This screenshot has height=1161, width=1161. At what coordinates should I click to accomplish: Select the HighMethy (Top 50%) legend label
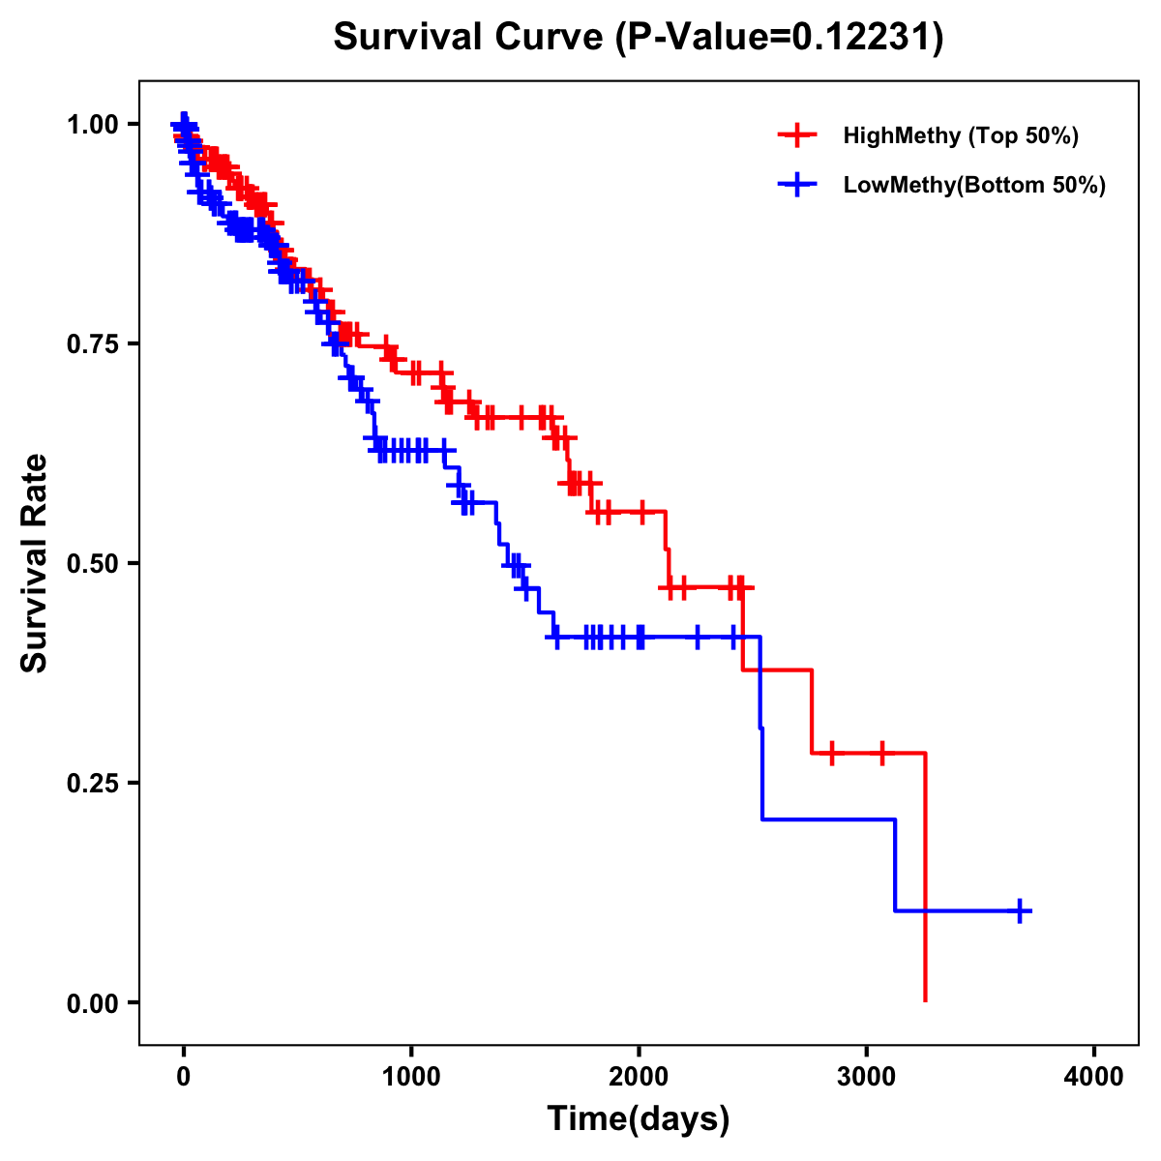(960, 135)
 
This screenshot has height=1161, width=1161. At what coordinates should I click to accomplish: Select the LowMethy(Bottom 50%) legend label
(974, 185)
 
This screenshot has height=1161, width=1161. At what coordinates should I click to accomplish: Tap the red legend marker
(797, 135)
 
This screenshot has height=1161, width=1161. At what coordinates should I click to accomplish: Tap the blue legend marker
(797, 185)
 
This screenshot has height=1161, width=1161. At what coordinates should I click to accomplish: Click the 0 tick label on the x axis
(184, 1076)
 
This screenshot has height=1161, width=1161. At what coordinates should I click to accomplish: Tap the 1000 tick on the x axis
(411, 1076)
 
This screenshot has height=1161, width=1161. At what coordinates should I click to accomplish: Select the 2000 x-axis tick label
(639, 1076)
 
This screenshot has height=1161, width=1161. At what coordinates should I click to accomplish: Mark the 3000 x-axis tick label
(867, 1076)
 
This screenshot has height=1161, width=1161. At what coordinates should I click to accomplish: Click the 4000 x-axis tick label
(1094, 1076)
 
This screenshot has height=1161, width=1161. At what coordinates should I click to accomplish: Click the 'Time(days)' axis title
(639, 1119)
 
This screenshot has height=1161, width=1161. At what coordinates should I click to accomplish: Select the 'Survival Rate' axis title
(35, 563)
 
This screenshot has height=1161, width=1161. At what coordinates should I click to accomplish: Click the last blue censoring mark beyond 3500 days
(1020, 910)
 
